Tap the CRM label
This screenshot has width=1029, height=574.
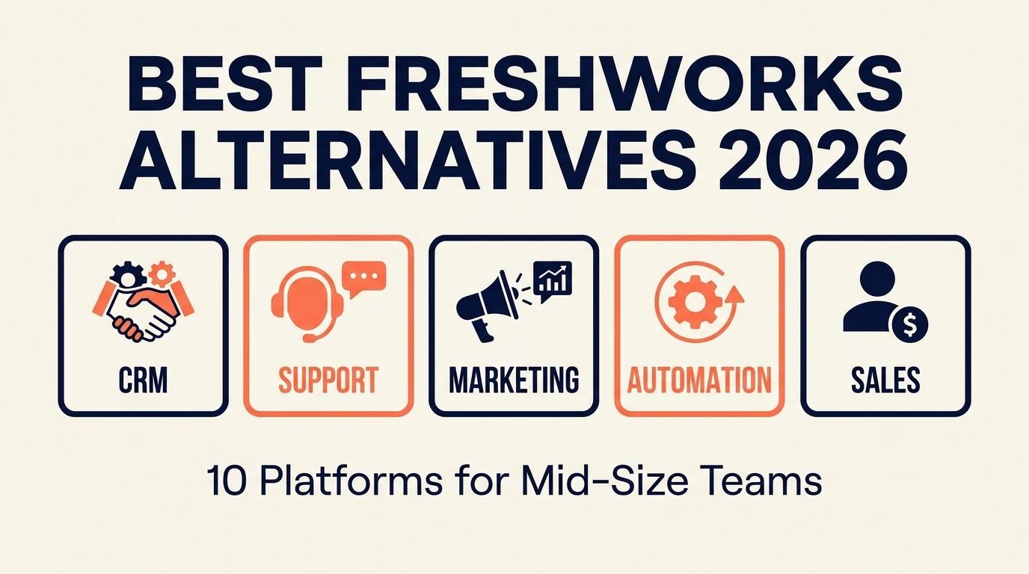(x=143, y=380)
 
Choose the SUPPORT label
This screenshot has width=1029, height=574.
(x=328, y=380)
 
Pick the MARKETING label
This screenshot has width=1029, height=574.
(x=514, y=380)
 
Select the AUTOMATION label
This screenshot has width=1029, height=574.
(x=699, y=380)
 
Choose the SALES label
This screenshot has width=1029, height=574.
(x=885, y=380)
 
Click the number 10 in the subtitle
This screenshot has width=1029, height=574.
(x=224, y=483)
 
